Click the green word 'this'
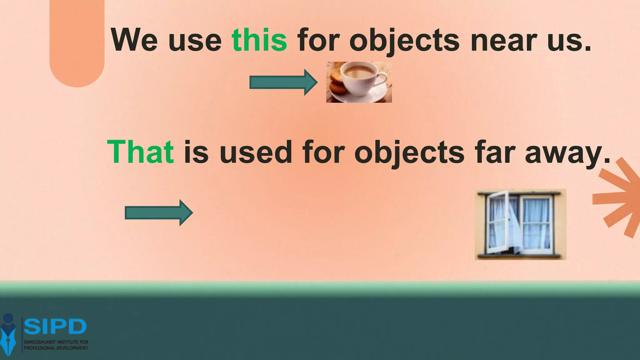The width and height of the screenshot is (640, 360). pos(259,40)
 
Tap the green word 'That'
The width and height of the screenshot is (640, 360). pos(140,152)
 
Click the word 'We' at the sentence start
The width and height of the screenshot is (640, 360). pos(135,40)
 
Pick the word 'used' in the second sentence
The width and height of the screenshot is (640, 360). pos(256,152)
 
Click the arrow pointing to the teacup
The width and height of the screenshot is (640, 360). pos(283,82)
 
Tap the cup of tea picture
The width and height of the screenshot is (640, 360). pos(359,82)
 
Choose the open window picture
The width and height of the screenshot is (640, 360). pos(520,224)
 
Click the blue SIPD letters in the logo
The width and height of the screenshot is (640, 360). pos(55,327)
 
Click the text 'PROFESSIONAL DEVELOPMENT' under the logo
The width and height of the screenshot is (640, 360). pos(56,348)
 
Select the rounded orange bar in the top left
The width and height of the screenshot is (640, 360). pos(77,41)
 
